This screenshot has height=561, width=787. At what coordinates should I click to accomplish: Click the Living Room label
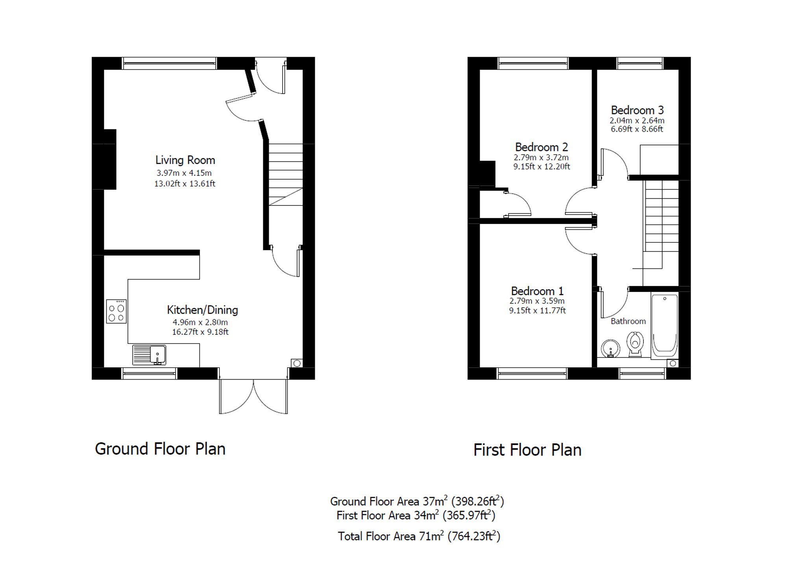185,160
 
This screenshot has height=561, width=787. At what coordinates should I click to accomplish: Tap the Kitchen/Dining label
202,310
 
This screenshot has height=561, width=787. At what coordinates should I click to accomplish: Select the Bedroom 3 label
637,110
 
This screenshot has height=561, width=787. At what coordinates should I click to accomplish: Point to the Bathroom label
628,321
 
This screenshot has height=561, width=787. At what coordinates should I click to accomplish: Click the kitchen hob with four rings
116,312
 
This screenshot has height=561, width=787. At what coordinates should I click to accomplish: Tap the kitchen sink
149,354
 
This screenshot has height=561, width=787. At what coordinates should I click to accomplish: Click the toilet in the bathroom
635,344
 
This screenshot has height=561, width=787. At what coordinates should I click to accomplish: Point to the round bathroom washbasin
610,349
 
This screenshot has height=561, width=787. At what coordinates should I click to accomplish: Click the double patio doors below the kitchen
253,395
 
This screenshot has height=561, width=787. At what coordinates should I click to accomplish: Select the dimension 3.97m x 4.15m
184,173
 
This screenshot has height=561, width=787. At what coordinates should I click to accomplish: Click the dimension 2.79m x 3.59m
537,301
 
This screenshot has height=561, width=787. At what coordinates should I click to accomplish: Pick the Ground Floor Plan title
160,449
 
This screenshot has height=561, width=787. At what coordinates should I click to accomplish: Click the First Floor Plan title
527,450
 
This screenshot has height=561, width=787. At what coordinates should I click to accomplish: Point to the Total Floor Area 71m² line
419,536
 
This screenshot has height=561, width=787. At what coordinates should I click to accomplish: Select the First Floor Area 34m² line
416,515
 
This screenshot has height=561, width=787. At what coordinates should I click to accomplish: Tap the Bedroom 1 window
532,373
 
